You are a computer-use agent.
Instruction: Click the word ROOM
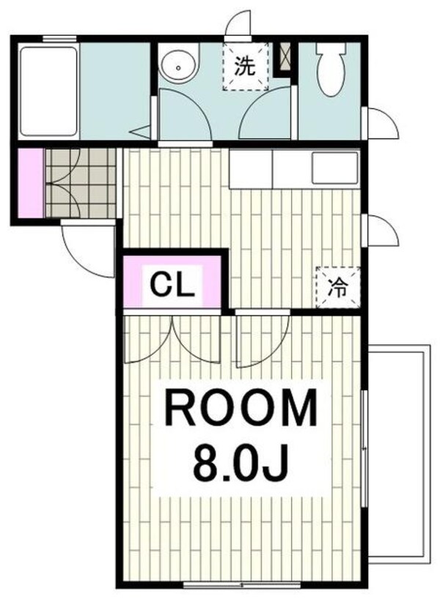tap(241, 409)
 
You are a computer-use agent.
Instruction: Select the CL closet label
tap(173, 283)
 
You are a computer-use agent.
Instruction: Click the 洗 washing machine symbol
tap(245, 67)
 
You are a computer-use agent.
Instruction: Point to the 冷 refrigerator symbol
tap(337, 286)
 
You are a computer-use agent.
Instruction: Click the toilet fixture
tap(331, 66)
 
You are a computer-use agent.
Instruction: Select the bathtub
tap(48, 92)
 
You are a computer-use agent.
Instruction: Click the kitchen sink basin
tap(334, 168)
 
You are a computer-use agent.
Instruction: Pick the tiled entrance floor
tap(81, 182)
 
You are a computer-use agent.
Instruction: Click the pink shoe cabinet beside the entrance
tap(32, 182)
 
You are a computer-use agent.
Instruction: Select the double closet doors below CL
tap(172, 338)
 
